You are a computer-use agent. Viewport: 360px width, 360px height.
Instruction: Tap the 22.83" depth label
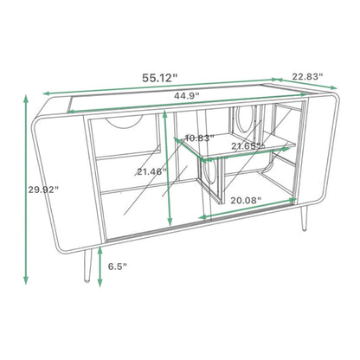[307, 77]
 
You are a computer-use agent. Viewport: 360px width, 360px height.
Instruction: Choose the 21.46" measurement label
[151, 172]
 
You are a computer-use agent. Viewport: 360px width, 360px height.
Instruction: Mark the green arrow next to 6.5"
[101, 264]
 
